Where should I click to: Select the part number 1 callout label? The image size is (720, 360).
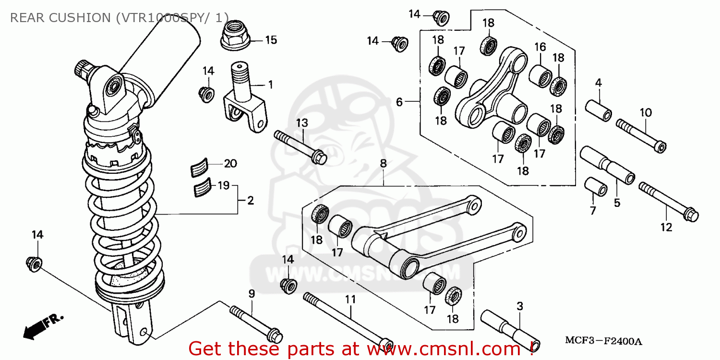(x=270, y=85)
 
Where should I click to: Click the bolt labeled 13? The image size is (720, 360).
(x=300, y=146)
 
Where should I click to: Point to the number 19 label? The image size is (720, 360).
(x=224, y=185)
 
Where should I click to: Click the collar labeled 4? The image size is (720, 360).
(x=598, y=110)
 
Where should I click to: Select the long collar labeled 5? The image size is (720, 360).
(x=607, y=165)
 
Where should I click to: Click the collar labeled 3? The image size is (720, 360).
(x=511, y=329)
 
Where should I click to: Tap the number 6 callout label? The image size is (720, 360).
(x=399, y=102)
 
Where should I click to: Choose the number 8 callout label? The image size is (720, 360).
(x=383, y=164)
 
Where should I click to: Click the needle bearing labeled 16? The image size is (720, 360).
(x=540, y=75)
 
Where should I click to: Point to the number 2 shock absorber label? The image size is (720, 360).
(x=250, y=201)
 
